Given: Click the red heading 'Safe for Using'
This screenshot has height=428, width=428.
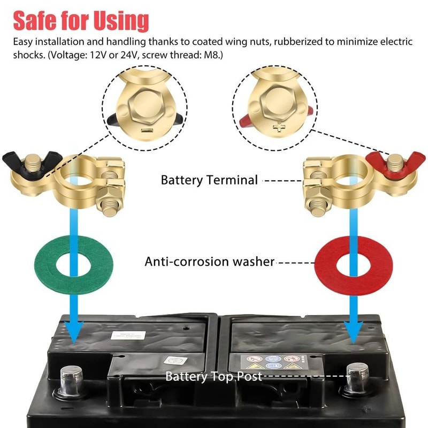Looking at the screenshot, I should tap(80, 20).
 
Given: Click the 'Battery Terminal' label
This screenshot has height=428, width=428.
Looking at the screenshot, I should tap(209, 180).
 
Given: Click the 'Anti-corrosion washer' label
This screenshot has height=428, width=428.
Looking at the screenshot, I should tap(209, 262).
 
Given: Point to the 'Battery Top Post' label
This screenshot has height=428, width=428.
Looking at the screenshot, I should tap(213, 376).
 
